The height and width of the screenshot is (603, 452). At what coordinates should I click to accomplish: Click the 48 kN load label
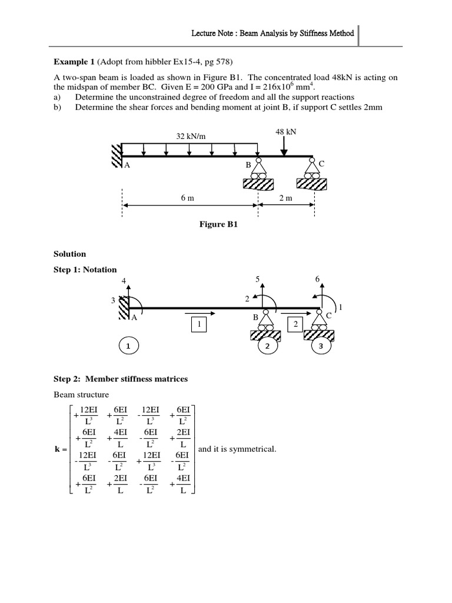pyautogui.click(x=285, y=132)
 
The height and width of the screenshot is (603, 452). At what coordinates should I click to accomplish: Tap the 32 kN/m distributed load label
pyautogui.click(x=191, y=136)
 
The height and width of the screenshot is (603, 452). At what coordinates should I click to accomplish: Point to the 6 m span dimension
pyautogui.click(x=188, y=198)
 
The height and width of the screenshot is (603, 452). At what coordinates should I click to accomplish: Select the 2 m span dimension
pyautogui.click(x=285, y=198)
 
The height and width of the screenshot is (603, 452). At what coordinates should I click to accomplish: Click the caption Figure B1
pyautogui.click(x=218, y=224)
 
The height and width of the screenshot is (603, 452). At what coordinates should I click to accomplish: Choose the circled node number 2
pyautogui.click(x=267, y=347)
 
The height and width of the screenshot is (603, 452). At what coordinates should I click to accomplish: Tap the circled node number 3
pyautogui.click(x=321, y=347)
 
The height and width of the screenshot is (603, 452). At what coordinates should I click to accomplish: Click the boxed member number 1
pyautogui.click(x=199, y=324)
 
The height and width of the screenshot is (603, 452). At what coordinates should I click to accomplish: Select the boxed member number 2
pyautogui.click(x=295, y=324)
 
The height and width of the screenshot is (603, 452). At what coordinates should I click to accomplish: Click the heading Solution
pyautogui.click(x=70, y=254)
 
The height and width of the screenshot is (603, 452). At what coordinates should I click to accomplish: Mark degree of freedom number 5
pyautogui.click(x=257, y=278)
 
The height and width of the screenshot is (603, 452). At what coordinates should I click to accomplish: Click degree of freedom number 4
pyautogui.click(x=124, y=280)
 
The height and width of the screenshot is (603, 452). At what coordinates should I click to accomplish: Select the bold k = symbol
pyautogui.click(x=61, y=449)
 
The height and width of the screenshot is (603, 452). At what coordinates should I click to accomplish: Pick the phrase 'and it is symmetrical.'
pyautogui.click(x=237, y=449)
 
